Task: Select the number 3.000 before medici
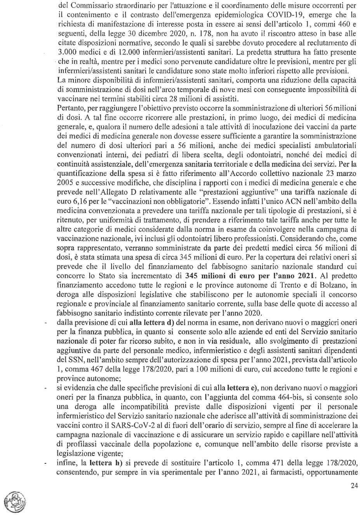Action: point(65,52)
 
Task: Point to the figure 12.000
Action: point(117,52)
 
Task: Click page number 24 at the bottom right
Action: point(353,486)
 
